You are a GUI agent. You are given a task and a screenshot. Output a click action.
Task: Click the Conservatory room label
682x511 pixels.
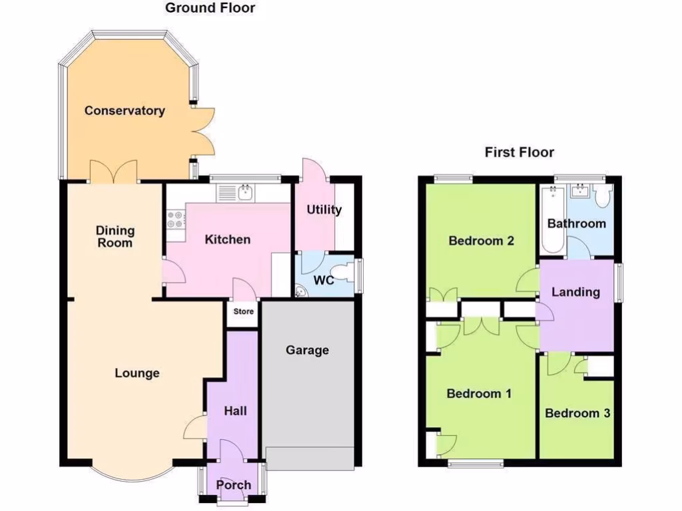point(125,110)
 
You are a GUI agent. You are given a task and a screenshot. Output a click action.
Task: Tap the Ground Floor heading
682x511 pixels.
point(210,8)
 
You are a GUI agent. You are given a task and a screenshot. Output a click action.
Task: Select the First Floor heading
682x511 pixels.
point(519,152)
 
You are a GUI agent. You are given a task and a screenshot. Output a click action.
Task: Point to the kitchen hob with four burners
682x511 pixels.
point(176,225)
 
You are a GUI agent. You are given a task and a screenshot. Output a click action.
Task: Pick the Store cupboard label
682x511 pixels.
point(243,311)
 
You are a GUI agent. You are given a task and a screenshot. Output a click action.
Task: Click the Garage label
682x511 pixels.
point(307,350)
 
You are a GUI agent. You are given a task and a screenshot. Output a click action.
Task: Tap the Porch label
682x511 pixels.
point(234,485)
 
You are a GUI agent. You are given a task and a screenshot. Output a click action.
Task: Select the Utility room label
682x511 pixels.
point(324,210)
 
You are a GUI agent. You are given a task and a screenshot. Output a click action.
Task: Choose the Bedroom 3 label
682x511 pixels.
point(577,413)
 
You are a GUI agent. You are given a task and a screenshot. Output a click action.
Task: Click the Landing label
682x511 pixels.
point(575,291)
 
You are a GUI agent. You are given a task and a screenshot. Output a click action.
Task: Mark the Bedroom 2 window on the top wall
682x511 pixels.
point(452,178)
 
